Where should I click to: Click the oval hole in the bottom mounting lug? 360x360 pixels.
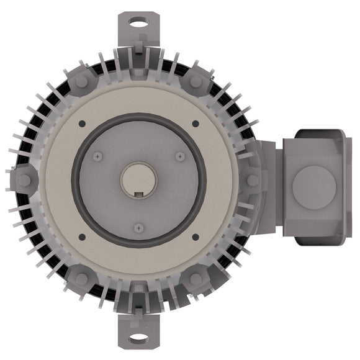(139, 338)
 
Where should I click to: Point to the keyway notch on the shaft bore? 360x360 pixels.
(139, 196)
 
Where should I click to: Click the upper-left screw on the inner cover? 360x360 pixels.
(99, 156)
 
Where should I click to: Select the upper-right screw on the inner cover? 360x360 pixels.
(179, 156)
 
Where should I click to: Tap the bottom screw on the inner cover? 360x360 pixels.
(139, 227)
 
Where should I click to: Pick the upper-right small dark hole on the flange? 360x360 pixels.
(196, 123)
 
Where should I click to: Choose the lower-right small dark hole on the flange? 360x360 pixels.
(196, 236)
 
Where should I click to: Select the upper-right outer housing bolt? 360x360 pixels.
(196, 81)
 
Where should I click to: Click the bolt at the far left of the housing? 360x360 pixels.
(24, 180)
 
